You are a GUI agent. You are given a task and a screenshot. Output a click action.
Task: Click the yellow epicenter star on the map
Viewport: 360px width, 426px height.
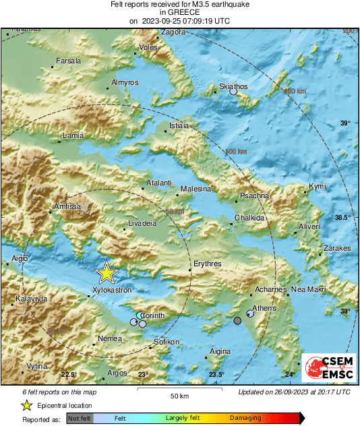click(x=107, y=273)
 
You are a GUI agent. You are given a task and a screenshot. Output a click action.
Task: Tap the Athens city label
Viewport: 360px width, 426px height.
click(x=264, y=308)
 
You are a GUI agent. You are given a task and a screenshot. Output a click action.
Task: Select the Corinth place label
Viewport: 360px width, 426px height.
click(x=153, y=315)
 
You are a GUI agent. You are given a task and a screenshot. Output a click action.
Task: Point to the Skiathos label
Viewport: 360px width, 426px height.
click(x=234, y=86)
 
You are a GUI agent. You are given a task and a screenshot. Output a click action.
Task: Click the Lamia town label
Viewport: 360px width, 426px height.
click(x=72, y=135)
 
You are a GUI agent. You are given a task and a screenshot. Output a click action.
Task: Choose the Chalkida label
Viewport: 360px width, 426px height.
click(x=249, y=218)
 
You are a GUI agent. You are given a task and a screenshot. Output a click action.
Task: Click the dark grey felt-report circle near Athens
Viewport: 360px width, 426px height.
click(x=237, y=321)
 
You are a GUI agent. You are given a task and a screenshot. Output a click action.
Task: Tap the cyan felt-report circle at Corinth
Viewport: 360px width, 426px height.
click(x=140, y=315)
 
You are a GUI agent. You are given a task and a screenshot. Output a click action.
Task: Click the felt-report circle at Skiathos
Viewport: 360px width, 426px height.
click(x=233, y=92)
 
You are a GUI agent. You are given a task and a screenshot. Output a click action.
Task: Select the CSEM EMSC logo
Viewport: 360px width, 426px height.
click(x=328, y=369)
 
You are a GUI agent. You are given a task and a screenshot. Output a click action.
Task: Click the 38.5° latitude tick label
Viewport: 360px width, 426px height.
click(x=344, y=217)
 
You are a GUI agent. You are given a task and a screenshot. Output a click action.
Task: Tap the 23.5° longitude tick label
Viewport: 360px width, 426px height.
click(x=216, y=375)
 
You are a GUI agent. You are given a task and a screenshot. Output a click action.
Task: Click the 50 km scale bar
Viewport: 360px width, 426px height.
click(x=179, y=390)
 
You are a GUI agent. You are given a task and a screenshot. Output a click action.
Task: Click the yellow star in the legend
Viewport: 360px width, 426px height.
click(x=26, y=406)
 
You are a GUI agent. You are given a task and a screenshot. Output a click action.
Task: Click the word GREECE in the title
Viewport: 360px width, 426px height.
click(x=179, y=12)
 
